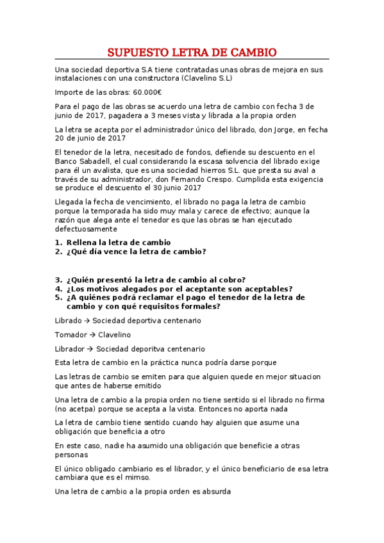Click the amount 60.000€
coord(147,92)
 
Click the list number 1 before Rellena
coord(58,243)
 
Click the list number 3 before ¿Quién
coord(58,279)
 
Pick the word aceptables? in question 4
coord(263,288)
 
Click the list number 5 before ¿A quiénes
coord(58,297)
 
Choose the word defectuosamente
coord(86,229)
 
